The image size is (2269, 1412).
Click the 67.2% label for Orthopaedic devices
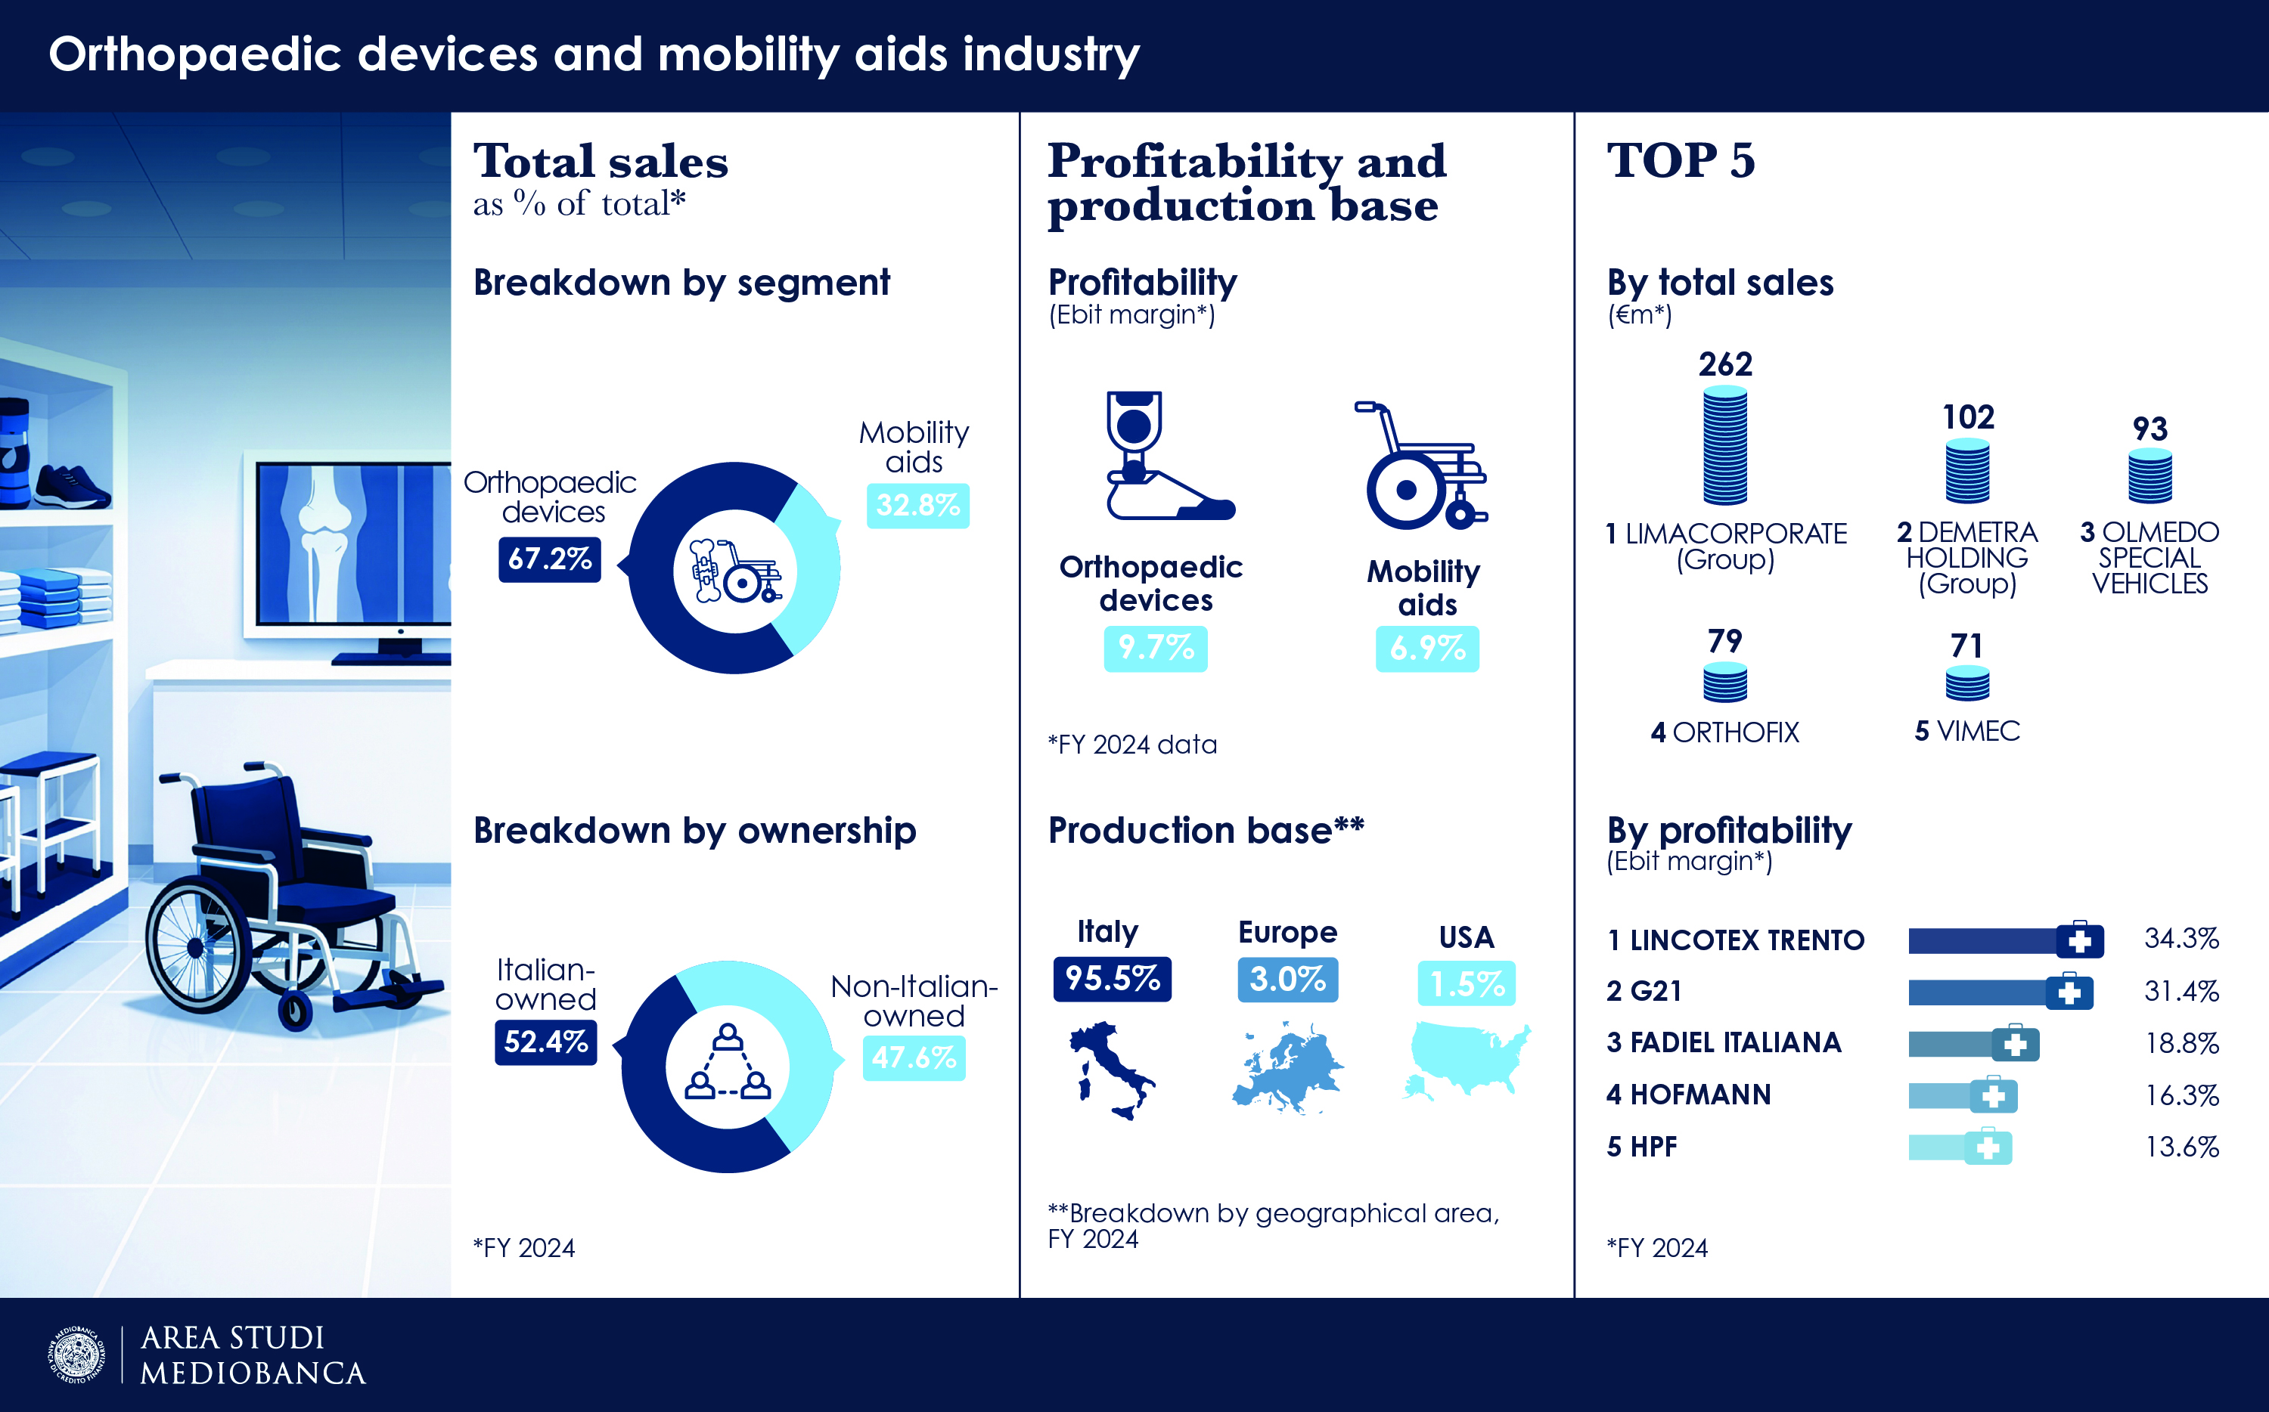(549, 559)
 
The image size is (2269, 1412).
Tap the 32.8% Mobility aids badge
(917, 505)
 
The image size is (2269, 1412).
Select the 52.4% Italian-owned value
(545, 1042)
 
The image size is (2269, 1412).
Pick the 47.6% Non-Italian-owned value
(914, 1057)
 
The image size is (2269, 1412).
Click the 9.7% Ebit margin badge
(1156, 647)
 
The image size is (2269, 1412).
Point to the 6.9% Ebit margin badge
(1426, 648)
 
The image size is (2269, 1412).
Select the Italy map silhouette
(1110, 1070)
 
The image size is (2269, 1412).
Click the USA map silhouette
(1467, 1059)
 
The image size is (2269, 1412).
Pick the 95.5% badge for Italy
(1112, 979)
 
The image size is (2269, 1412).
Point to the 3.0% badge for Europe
(1287, 980)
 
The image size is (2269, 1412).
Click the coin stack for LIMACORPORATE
(1724, 445)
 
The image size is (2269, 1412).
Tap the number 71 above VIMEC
(1966, 646)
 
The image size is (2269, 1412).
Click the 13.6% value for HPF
(2181, 1147)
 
